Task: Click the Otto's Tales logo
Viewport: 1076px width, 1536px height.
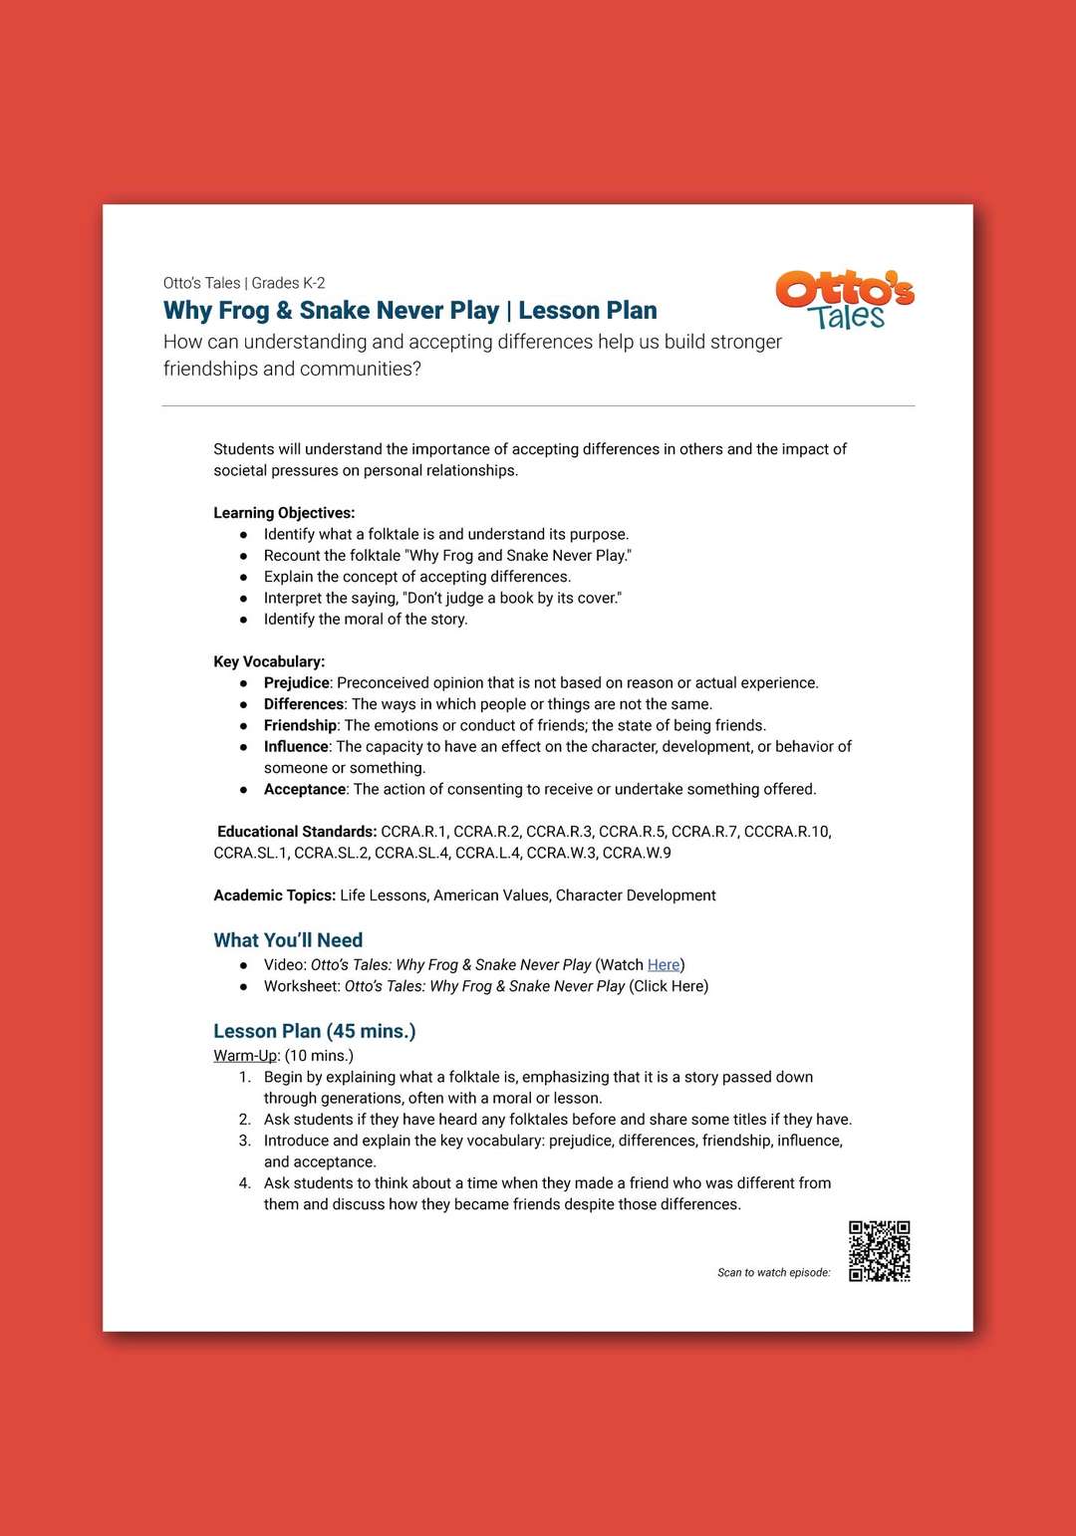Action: [845, 299]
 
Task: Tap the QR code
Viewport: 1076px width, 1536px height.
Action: [879, 1251]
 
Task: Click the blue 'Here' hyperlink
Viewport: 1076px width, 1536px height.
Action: [664, 964]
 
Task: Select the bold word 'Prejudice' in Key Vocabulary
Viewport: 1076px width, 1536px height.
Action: [296, 682]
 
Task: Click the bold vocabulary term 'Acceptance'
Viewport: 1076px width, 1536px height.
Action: [304, 789]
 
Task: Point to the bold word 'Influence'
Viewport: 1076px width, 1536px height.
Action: [296, 746]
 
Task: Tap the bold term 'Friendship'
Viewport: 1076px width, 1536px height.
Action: [300, 725]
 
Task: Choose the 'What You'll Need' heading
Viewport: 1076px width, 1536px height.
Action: [288, 939]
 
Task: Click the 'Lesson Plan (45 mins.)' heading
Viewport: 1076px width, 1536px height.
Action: [314, 1031]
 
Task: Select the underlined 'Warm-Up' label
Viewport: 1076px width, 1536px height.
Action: [245, 1055]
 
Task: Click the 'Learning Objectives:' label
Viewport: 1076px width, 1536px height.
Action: [284, 513]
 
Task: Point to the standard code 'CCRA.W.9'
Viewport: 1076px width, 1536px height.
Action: [637, 853]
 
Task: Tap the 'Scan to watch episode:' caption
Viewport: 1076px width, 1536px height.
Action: [773, 1272]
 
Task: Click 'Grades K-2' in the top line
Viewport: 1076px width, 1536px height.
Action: [288, 283]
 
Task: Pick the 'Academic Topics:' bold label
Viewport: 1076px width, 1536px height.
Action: [274, 896]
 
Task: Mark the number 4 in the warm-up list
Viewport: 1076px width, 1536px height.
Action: [244, 1183]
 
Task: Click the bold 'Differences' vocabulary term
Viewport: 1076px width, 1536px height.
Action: [303, 704]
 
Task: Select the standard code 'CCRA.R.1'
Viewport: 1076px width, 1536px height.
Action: [413, 832]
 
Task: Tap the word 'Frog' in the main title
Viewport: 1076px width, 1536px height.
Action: [244, 311]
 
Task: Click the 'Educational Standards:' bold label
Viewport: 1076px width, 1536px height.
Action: [296, 832]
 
